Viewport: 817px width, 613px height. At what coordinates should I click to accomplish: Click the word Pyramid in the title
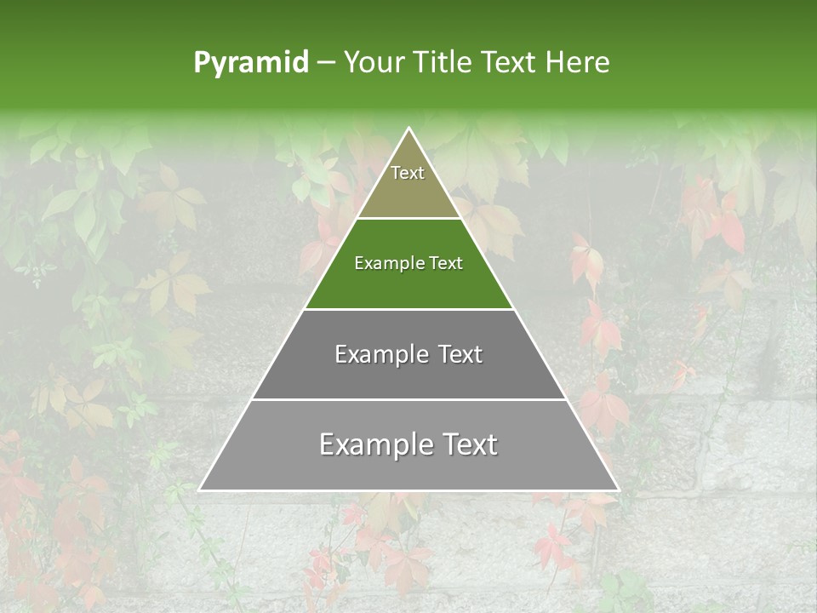[250, 63]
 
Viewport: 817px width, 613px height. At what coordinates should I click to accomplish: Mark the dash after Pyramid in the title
[326, 63]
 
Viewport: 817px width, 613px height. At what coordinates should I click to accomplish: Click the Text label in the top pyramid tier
[408, 173]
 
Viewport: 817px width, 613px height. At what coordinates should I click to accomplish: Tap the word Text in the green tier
[447, 263]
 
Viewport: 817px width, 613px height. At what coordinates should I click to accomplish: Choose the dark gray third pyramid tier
[408, 375]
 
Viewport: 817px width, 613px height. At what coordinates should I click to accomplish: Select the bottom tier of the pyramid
[408, 468]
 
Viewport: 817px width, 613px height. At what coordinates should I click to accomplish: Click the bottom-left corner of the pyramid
[200, 490]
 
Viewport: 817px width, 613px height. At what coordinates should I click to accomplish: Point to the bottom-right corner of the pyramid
[618, 490]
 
